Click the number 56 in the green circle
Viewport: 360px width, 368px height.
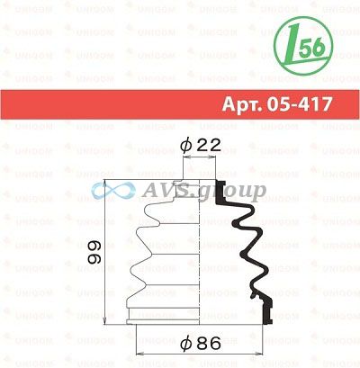(x=312, y=48)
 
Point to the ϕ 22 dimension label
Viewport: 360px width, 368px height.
(x=201, y=146)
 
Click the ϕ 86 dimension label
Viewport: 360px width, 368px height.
(x=201, y=343)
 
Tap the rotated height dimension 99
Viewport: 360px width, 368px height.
(x=94, y=252)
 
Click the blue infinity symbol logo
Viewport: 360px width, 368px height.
(x=113, y=191)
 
